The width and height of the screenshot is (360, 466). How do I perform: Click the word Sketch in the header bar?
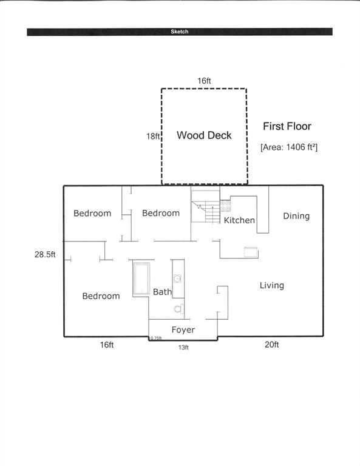coord(179,32)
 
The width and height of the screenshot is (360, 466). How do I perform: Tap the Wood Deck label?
coord(204,135)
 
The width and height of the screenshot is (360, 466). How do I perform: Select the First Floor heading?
coord(287,126)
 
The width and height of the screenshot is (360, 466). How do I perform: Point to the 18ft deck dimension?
coord(153,137)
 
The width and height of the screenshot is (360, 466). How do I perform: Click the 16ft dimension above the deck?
coord(204,81)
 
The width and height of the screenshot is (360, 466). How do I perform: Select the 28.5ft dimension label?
coord(45,254)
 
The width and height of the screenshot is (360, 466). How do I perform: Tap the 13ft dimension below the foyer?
coord(183,347)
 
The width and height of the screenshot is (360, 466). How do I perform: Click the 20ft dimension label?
coord(272,345)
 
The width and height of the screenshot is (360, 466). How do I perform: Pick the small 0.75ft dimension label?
coord(156,338)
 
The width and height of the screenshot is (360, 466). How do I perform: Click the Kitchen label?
coord(239,220)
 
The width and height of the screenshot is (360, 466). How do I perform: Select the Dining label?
coord(296,216)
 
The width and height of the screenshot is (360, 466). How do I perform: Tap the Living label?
coord(272,285)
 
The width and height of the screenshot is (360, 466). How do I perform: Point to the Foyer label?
coord(183,330)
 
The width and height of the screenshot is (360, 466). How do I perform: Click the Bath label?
coord(162,292)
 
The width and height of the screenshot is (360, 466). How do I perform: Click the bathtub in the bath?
coord(141,279)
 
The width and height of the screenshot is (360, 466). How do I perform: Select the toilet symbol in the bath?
coord(179,309)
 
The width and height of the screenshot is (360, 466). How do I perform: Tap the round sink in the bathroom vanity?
coord(177,279)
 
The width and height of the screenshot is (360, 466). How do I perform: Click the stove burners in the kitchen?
coord(225,206)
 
